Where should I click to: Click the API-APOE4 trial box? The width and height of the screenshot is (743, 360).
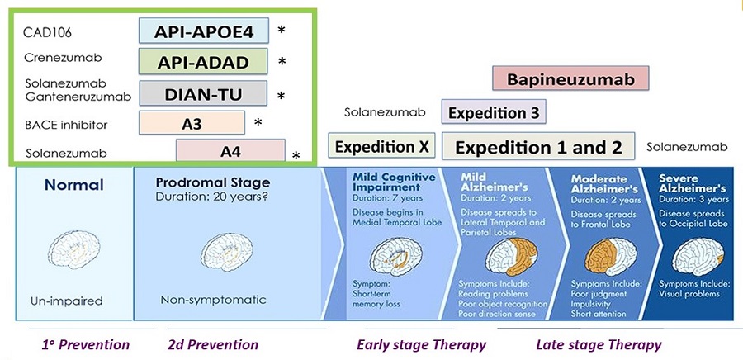coord(204,31)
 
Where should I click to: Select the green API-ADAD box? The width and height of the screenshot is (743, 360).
coord(204,62)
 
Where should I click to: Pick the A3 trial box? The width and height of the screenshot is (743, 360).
coord(192,123)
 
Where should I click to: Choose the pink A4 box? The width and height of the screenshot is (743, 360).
coord(230,152)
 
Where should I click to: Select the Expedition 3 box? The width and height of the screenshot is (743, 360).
coord(493,112)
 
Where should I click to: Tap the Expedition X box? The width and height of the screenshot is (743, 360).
coord(381,146)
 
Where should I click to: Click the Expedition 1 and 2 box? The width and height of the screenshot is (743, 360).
coord(538,146)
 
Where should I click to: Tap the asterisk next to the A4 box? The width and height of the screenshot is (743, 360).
coord(295,154)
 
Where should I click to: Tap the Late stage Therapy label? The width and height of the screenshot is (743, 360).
coord(599,343)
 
